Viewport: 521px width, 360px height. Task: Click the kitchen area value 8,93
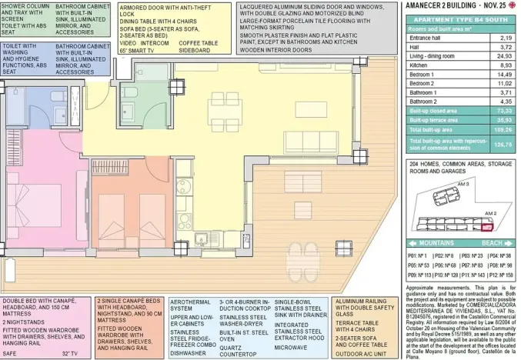point(505,66)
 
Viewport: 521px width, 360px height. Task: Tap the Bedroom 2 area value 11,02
point(505,83)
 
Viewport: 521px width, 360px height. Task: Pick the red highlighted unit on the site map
point(485,227)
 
